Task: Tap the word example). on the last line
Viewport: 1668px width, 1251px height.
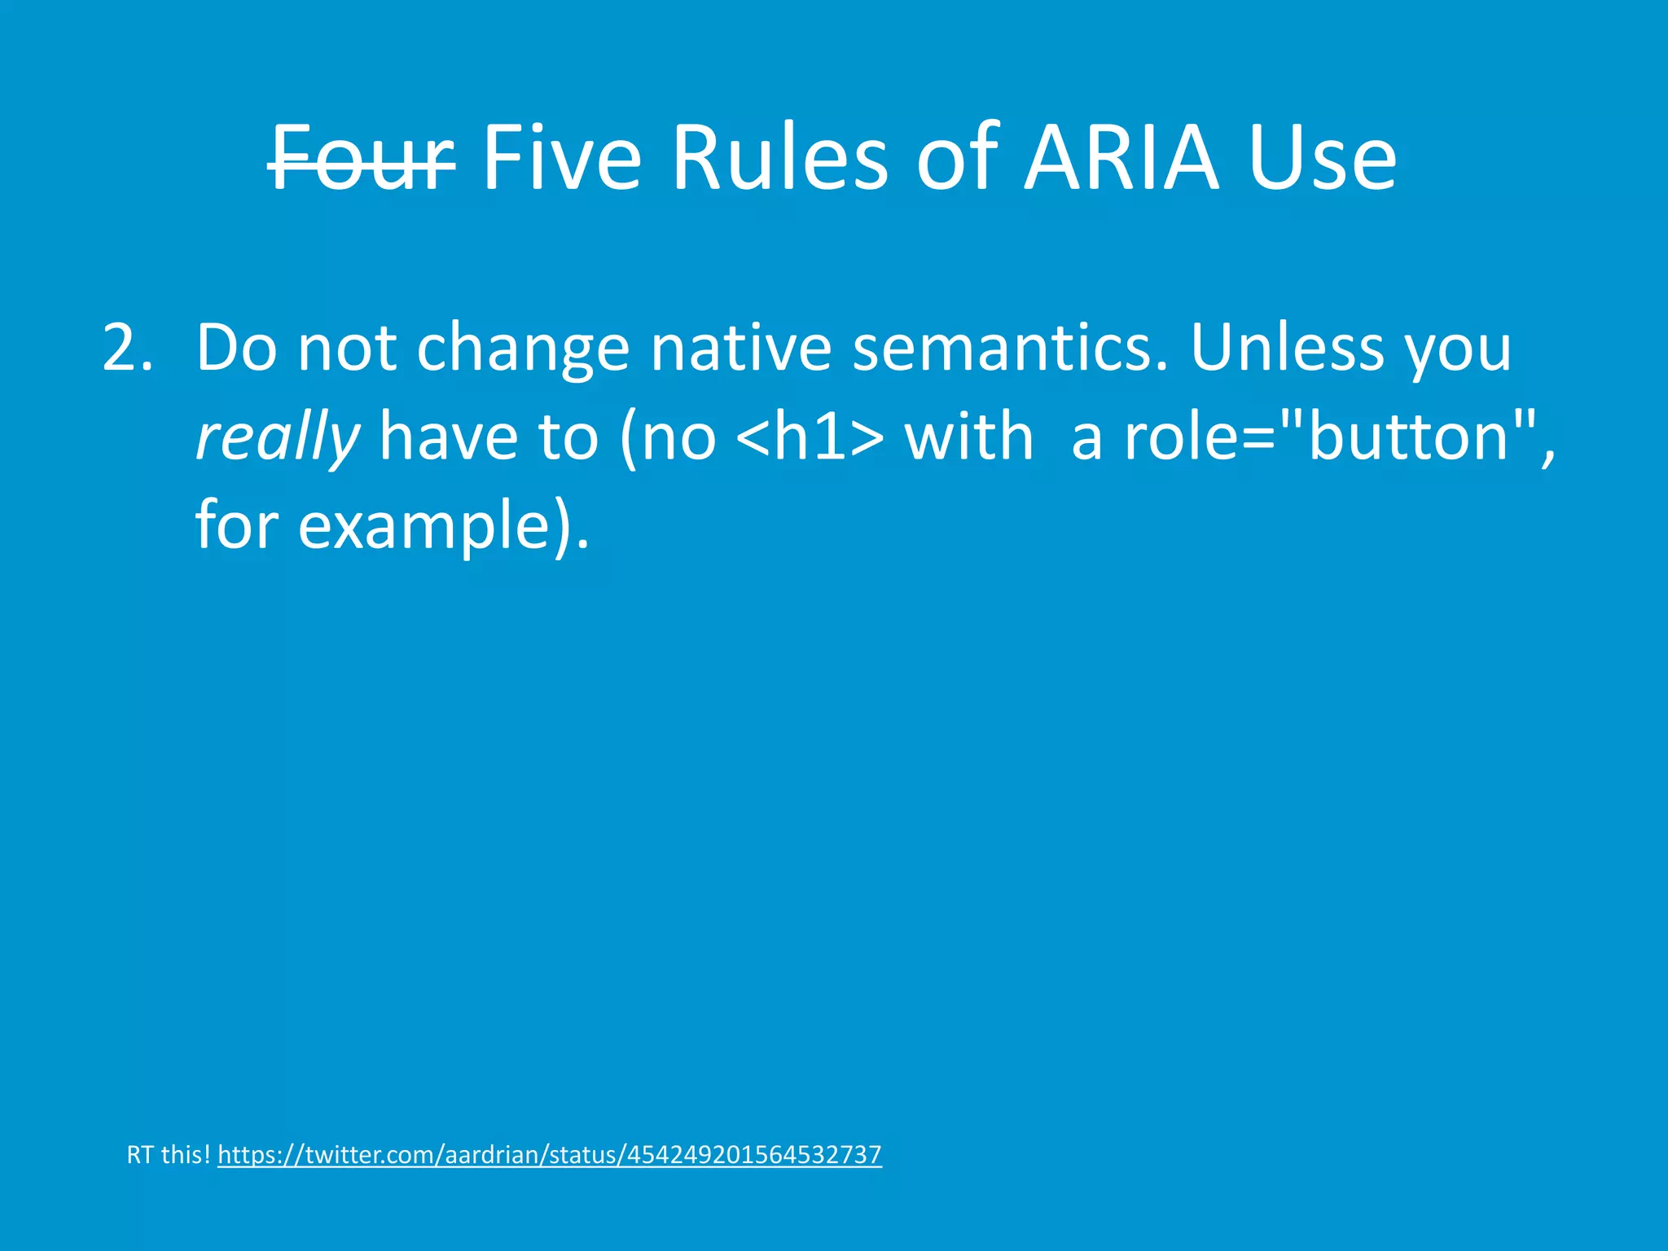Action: pyautogui.click(x=443, y=526)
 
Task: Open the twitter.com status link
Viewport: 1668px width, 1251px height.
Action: pyautogui.click(x=549, y=1155)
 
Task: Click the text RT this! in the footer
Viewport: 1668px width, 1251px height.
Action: pyautogui.click(x=169, y=1155)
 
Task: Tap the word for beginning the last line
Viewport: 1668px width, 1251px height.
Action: pyautogui.click(x=237, y=526)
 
